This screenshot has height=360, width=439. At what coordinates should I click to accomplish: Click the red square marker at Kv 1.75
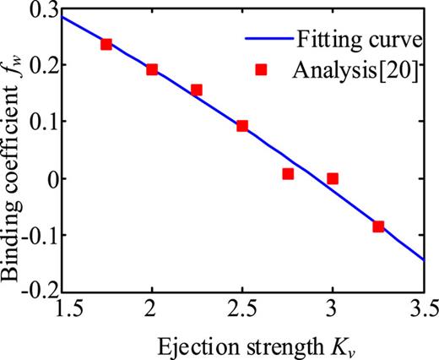click(106, 44)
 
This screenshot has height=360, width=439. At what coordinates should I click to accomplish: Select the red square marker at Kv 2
click(152, 69)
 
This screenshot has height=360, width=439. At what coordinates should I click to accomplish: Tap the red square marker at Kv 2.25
click(197, 90)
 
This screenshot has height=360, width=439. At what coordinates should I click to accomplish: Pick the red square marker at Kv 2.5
click(242, 126)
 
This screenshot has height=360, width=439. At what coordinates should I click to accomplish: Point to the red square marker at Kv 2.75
click(288, 174)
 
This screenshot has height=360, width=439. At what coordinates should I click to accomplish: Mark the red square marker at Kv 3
click(333, 178)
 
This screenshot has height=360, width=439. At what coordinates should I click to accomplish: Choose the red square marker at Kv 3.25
click(378, 226)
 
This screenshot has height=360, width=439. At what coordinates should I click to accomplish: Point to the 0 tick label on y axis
click(44, 178)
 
